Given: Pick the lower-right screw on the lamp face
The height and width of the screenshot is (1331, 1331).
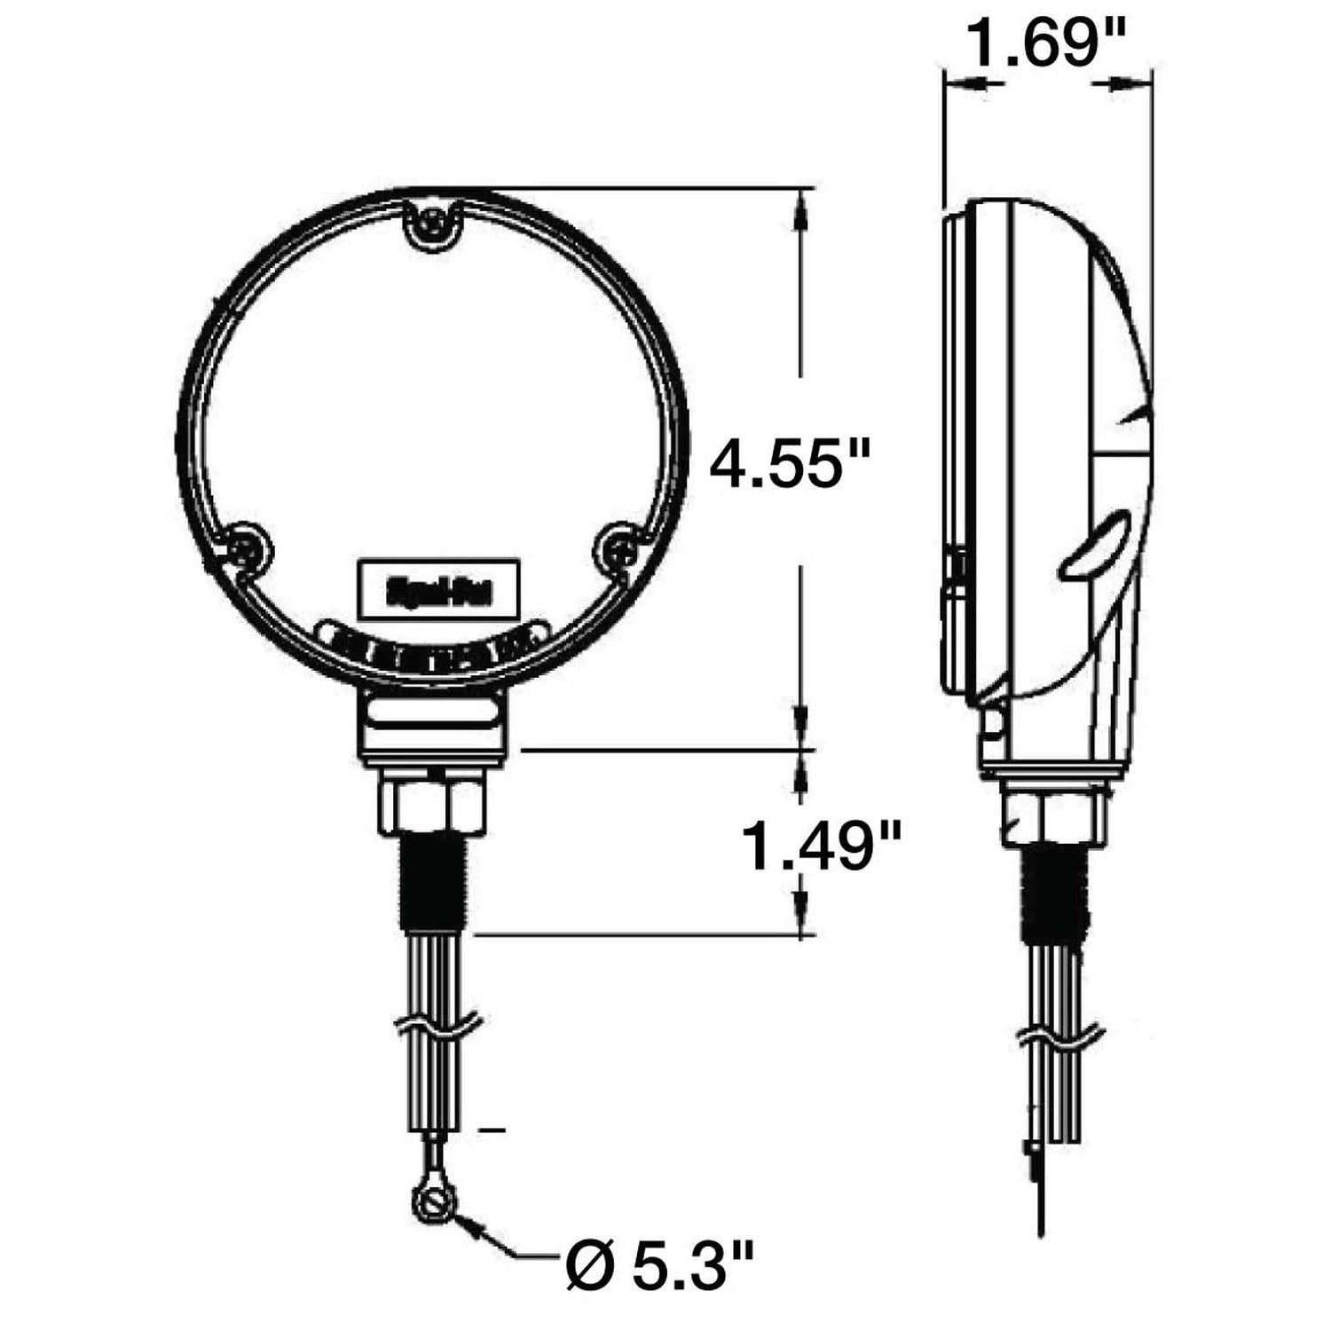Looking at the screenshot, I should point(619,550).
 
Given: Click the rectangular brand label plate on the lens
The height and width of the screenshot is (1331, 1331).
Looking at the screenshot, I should point(437,587).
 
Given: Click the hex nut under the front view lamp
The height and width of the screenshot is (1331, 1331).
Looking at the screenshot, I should point(432,804).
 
